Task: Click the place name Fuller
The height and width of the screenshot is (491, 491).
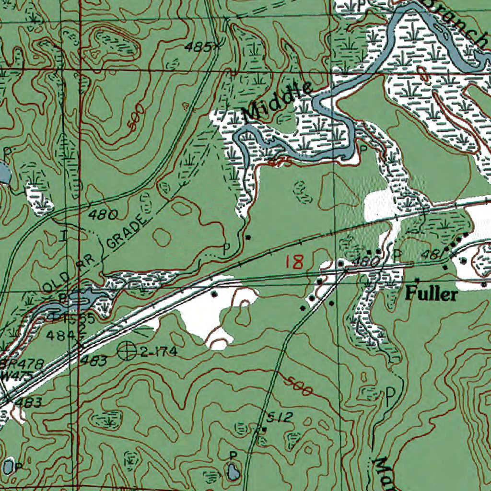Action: (431, 293)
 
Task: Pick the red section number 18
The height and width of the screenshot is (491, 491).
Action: (294, 262)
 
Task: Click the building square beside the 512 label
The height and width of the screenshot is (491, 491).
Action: (263, 429)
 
